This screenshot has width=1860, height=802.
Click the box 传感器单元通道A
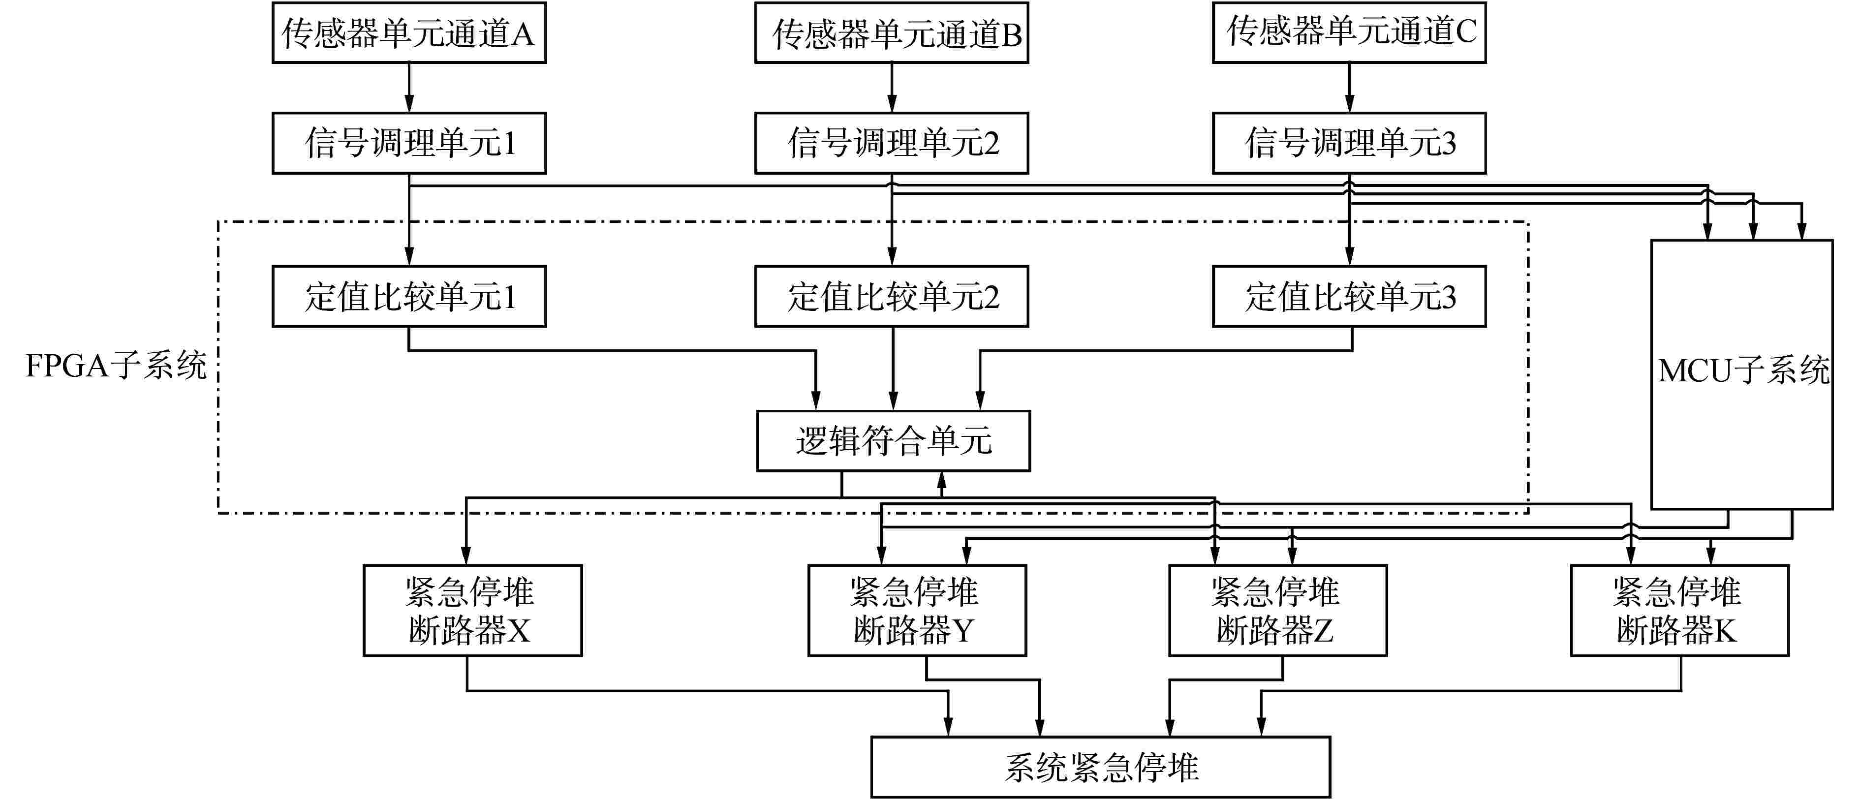(x=409, y=33)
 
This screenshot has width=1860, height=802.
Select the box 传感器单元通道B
(x=892, y=33)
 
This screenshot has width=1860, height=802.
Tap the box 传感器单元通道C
(x=1349, y=33)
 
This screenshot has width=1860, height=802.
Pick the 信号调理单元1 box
(x=409, y=143)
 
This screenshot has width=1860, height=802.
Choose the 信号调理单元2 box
(x=892, y=143)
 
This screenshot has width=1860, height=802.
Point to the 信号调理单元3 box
(x=1349, y=143)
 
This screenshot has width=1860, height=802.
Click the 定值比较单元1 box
(x=409, y=297)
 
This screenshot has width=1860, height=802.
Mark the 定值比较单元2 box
(x=892, y=297)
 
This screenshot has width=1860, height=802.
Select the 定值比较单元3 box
(x=1349, y=297)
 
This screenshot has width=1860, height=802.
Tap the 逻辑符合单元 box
(x=893, y=441)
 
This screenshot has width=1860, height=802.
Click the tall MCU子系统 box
(x=1741, y=374)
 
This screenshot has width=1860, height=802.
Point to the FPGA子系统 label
(x=116, y=366)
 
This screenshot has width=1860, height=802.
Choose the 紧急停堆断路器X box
(x=472, y=611)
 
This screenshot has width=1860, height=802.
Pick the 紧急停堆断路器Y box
(x=916, y=611)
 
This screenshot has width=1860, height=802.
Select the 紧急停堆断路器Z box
(x=1277, y=611)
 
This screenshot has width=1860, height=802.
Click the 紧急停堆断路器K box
(x=1679, y=611)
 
